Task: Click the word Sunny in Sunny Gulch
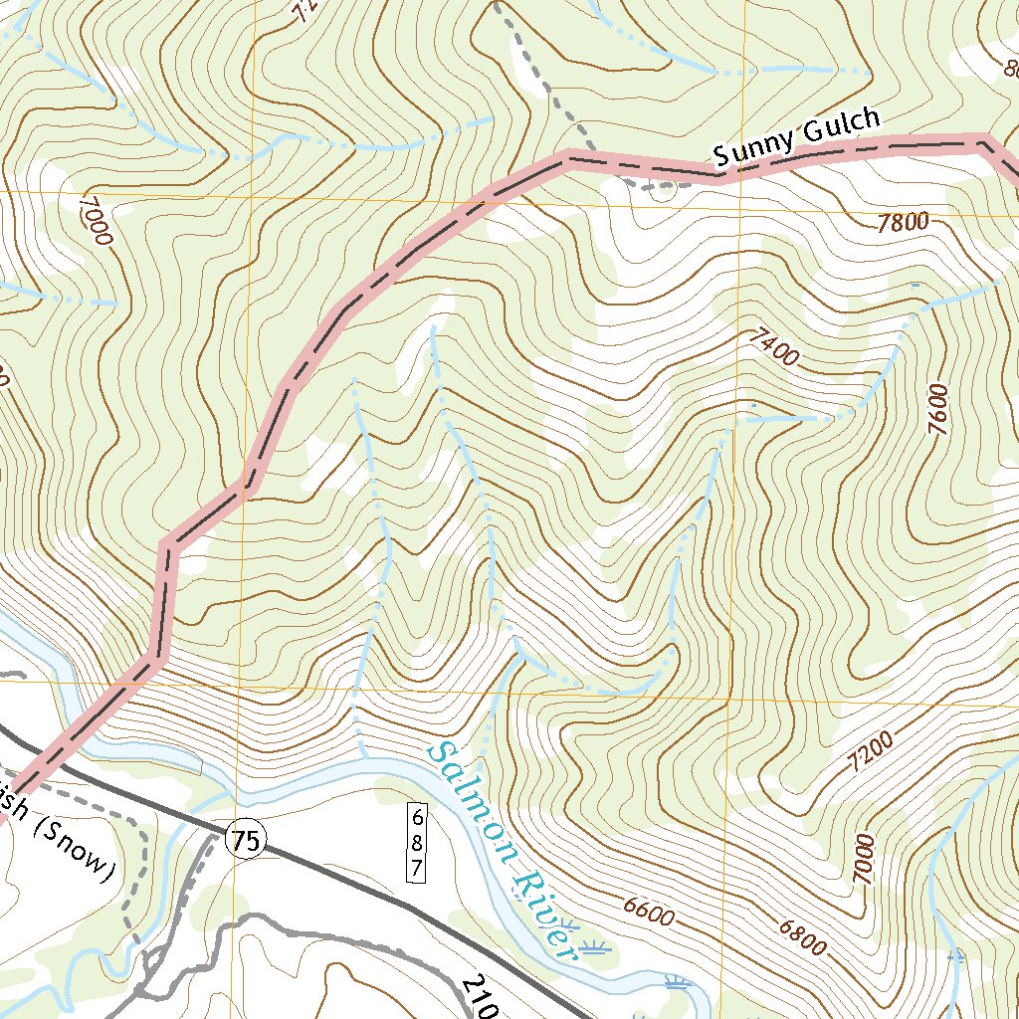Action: (752, 146)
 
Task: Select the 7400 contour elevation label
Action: (772, 348)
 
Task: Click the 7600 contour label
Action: (938, 409)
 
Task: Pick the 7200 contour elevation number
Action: (872, 752)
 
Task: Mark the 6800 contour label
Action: (802, 937)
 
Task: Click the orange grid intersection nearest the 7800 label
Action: (739, 211)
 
